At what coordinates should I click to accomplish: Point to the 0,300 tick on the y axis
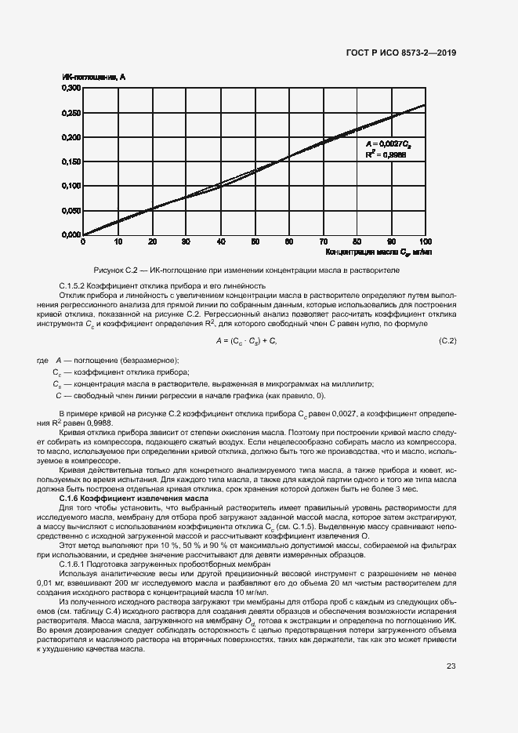point(71,89)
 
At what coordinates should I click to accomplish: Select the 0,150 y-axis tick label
point(71,161)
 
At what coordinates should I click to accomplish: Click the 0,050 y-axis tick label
point(71,210)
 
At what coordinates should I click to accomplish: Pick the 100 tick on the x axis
point(426,242)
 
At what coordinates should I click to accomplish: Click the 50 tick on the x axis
point(255,242)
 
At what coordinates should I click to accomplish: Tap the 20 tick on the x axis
point(152,242)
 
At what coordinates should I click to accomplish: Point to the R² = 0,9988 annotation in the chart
point(386,155)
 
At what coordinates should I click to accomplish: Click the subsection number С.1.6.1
point(78,564)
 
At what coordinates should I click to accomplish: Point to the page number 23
point(451,666)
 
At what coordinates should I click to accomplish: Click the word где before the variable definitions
point(43,359)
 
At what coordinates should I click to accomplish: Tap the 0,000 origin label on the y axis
point(71,234)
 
